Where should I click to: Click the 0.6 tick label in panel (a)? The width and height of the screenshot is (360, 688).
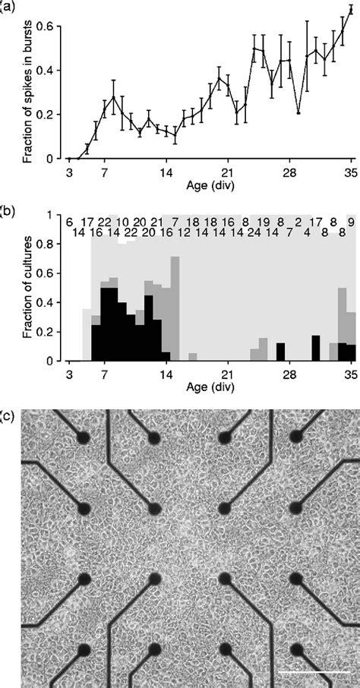click(47, 27)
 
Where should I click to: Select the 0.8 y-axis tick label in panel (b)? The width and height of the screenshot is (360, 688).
click(47, 244)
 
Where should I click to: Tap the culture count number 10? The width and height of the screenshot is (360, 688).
click(122, 221)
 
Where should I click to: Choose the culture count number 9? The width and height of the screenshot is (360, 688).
click(350, 221)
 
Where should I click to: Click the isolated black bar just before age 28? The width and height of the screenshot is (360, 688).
click(280, 352)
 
